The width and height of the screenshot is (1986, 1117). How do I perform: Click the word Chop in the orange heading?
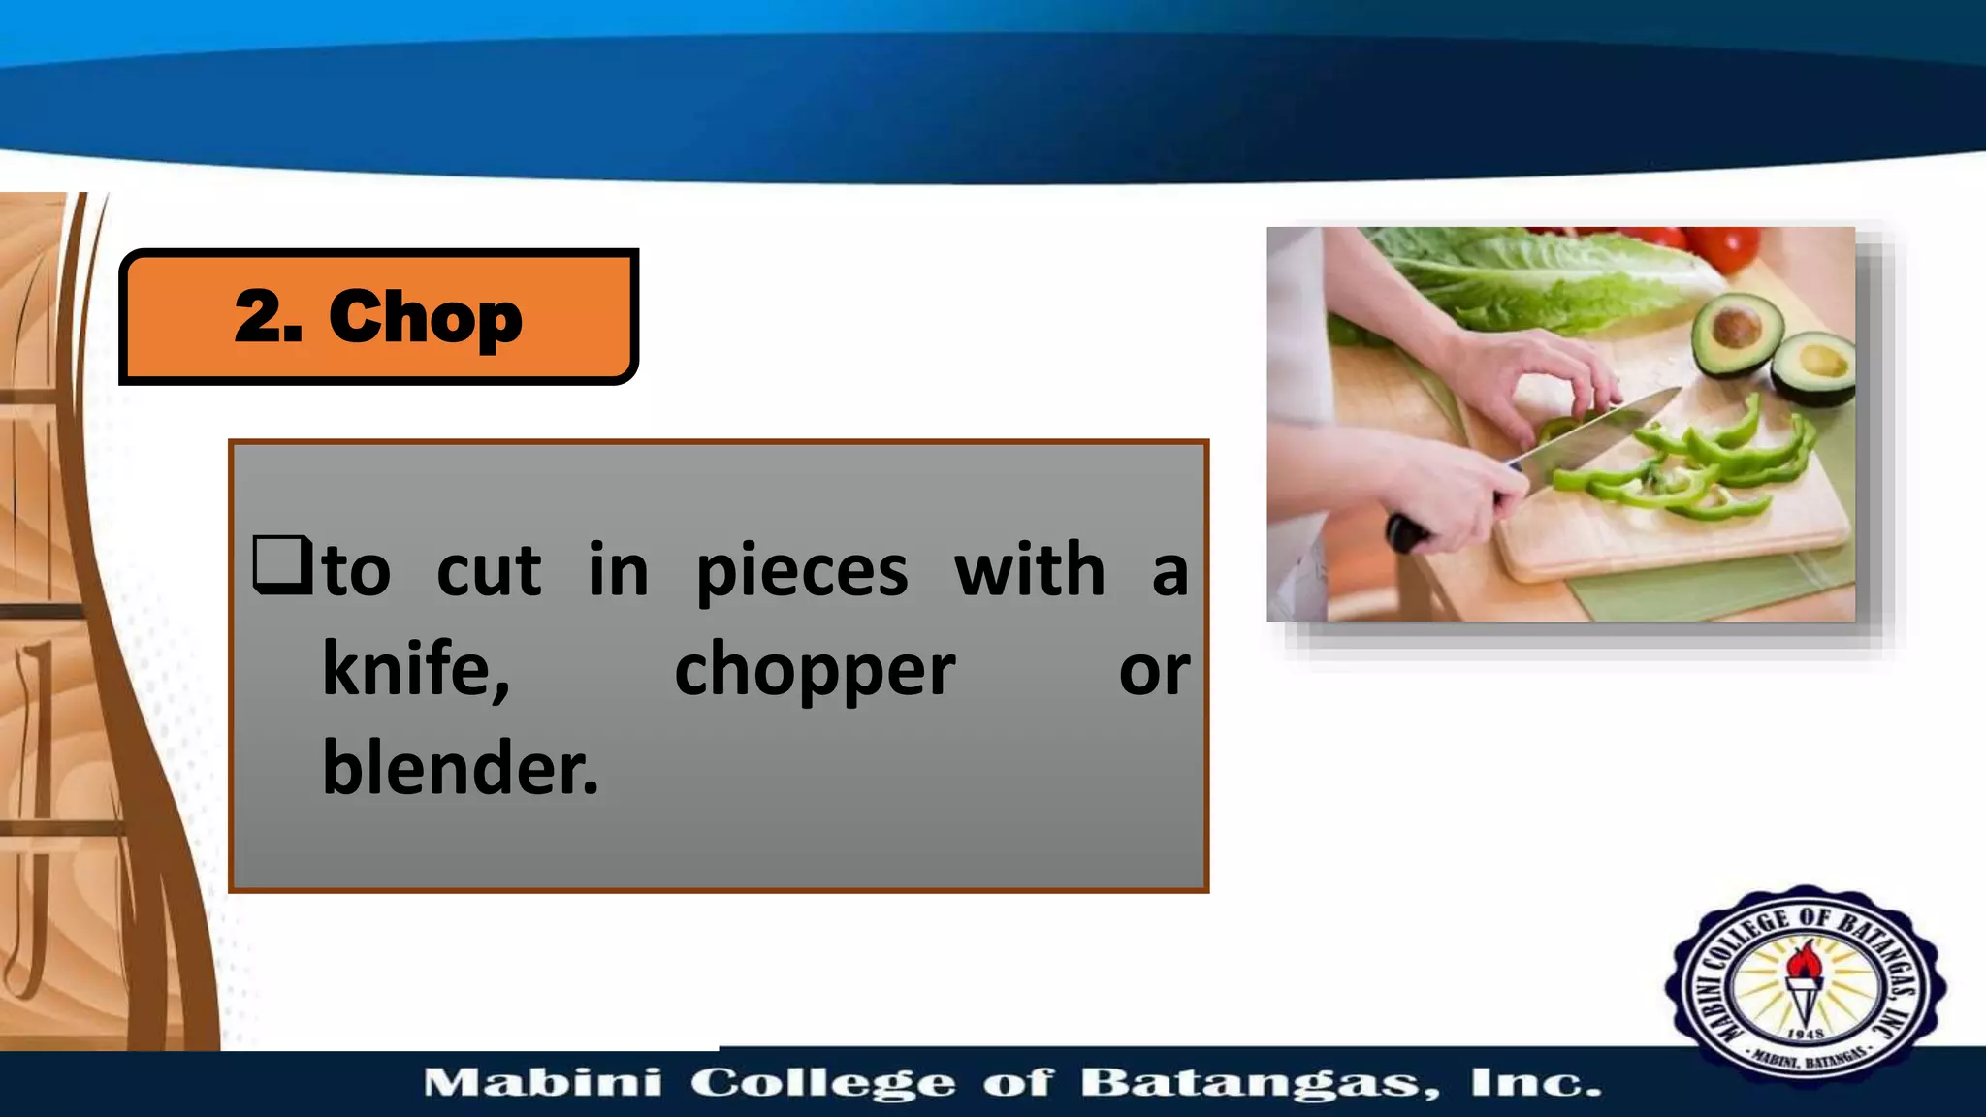tap(426, 317)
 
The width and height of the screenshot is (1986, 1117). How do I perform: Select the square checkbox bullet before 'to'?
tap(281, 564)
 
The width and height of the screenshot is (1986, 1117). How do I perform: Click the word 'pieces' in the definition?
tap(802, 571)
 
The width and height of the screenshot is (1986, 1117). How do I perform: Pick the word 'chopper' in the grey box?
tap(815, 671)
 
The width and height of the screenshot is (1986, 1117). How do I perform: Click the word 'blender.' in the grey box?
tap(461, 768)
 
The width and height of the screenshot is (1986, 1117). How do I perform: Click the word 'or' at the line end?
tap(1154, 670)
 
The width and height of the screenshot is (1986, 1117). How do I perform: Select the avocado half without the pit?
tap(1814, 366)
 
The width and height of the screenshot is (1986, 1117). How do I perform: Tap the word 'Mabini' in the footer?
tap(543, 1083)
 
